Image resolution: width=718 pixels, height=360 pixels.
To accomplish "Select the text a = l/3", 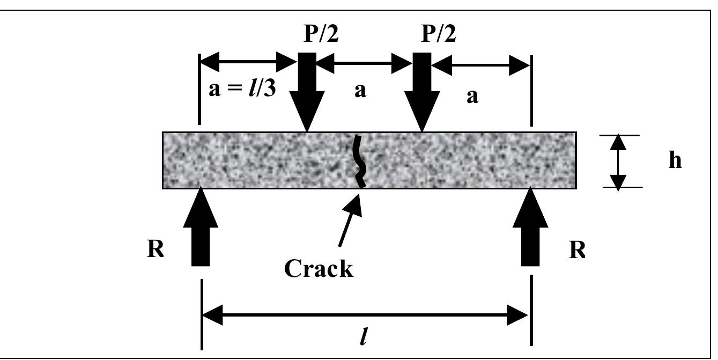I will click(x=242, y=89).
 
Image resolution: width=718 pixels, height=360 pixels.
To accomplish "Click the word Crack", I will click(x=319, y=268).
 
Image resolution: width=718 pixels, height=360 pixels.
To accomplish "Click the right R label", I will click(x=577, y=251).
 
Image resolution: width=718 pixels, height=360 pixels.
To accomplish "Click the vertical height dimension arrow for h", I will click(x=618, y=162).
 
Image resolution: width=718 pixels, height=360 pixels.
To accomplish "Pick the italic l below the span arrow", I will click(x=363, y=338).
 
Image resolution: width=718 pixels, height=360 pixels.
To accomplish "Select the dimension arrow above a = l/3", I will click(x=247, y=65).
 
